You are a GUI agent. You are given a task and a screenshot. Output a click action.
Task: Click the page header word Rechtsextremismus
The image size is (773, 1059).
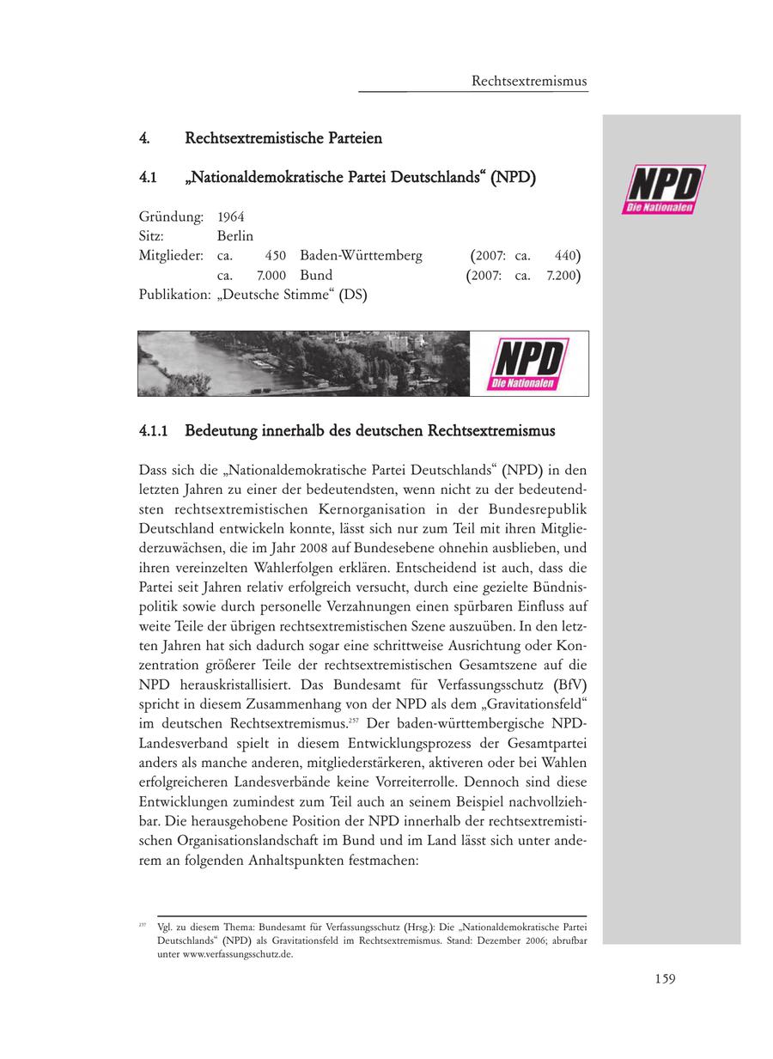(529, 81)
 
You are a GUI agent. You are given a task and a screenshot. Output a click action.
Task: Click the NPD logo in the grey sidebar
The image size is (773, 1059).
(665, 189)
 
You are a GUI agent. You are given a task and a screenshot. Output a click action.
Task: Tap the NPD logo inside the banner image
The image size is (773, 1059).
(527, 363)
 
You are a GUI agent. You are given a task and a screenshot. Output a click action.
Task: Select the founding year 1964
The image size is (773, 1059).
(231, 216)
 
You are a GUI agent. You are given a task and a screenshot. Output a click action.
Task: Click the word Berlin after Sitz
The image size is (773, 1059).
(235, 236)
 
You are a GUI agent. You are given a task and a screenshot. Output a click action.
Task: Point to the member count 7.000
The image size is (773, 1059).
(271, 276)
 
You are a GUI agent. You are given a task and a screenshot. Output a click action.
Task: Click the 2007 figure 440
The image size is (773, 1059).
(564, 255)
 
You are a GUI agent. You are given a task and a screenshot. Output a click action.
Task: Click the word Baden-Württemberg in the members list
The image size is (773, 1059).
(361, 255)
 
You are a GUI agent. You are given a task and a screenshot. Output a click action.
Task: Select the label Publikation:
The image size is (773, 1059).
(174, 295)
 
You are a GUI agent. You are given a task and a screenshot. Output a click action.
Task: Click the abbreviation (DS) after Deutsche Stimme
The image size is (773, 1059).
(352, 295)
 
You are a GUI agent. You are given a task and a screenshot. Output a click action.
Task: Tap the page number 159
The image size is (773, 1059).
(663, 978)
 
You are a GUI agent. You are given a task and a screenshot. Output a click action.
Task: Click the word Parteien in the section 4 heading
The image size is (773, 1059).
(353, 137)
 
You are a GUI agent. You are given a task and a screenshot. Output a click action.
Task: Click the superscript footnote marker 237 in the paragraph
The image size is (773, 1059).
(354, 719)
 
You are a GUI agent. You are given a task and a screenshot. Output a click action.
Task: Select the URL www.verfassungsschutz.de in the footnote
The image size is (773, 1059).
(237, 953)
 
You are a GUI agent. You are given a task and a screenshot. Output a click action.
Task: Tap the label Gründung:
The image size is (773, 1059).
(171, 216)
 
